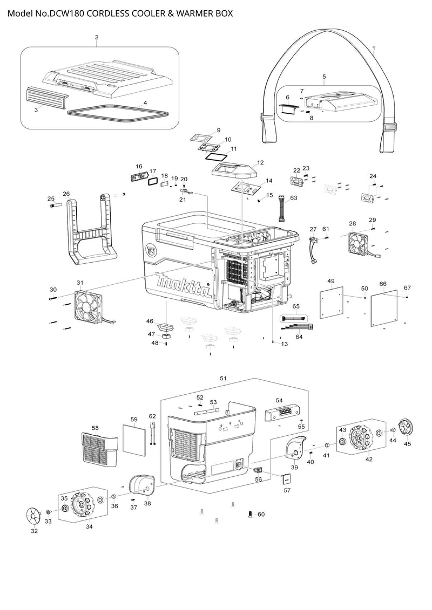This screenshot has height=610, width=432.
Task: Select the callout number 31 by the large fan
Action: coord(80,283)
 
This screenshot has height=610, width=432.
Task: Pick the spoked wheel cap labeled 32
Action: coord(34,516)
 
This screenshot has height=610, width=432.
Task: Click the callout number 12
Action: coord(260,162)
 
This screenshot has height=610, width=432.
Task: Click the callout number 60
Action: coord(261,515)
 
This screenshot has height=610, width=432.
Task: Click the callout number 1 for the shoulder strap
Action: coord(374,49)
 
